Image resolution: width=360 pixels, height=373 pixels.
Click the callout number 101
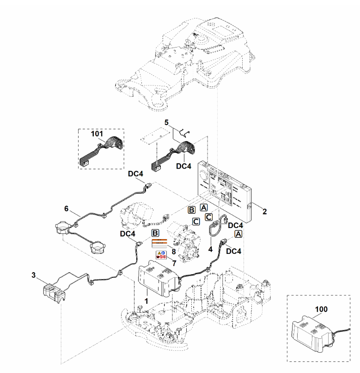tap(97, 134)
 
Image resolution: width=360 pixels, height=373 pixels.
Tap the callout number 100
tap(321, 309)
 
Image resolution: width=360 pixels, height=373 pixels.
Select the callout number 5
tap(166, 122)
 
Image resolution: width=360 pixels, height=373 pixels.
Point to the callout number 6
tap(66, 209)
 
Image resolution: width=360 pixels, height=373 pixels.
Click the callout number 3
tap(34, 275)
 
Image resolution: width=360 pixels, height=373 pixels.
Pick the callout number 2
tap(264, 211)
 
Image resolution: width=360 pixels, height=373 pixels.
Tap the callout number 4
tap(210, 249)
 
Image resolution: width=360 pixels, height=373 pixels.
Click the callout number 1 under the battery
tap(146, 301)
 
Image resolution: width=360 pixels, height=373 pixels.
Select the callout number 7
tap(174, 263)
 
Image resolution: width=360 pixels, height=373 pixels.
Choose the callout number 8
tap(174, 252)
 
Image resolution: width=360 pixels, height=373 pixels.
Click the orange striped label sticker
tap(159, 243)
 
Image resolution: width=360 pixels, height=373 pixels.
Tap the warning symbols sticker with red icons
tap(161, 255)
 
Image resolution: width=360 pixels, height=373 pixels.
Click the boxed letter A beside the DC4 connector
tap(238, 234)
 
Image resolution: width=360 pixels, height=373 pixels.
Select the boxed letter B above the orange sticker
tap(155, 233)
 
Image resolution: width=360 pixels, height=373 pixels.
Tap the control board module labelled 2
tap(224, 192)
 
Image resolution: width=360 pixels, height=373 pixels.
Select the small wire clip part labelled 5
tap(184, 133)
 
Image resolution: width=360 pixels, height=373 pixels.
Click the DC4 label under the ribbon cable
tap(183, 166)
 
